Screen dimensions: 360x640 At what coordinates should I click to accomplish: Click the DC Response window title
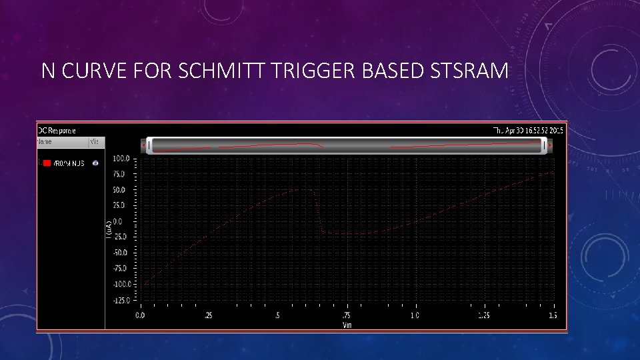[57, 130]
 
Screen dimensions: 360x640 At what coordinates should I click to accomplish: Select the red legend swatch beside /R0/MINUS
[47, 163]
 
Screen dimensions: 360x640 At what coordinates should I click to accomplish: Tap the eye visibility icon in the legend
[95, 163]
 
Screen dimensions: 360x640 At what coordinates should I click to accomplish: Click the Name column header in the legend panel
[45, 141]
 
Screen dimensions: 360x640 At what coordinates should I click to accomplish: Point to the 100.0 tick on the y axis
[121, 159]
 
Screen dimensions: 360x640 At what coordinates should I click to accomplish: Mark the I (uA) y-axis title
[109, 229]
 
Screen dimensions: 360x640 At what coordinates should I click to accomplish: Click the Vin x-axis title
[347, 324]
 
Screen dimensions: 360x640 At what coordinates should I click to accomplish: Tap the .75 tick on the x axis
[346, 315]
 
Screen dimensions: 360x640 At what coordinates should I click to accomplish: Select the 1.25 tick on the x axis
[483, 315]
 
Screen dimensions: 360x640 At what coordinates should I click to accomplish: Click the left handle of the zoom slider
[149, 146]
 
